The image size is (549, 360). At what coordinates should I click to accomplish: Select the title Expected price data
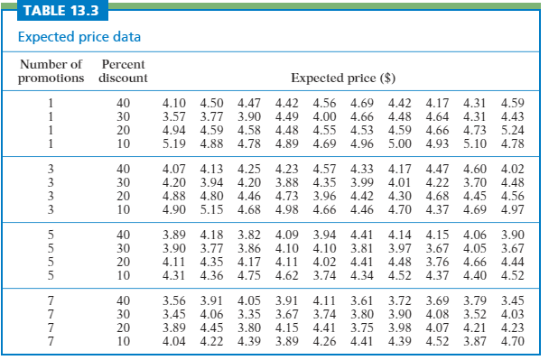pyautogui.click(x=79, y=38)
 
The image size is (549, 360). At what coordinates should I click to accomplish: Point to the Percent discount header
pyautogui.click(x=125, y=71)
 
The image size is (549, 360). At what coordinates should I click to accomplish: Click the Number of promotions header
pyautogui.click(x=51, y=71)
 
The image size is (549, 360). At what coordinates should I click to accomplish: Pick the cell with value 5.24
pyautogui.click(x=512, y=129)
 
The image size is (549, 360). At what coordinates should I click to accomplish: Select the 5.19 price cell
pyautogui.click(x=173, y=143)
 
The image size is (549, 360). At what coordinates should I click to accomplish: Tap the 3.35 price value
pyautogui.click(x=249, y=314)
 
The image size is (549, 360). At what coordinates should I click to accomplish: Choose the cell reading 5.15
pyautogui.click(x=211, y=210)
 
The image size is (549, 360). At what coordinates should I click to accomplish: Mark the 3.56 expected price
pyautogui.click(x=173, y=300)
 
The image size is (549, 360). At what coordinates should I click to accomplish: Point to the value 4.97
pyautogui.click(x=512, y=210)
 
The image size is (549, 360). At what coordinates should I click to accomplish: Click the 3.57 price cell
pyautogui.click(x=173, y=115)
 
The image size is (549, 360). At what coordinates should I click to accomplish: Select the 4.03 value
pyautogui.click(x=512, y=314)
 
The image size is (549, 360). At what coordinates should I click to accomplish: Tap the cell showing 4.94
pyautogui.click(x=173, y=129)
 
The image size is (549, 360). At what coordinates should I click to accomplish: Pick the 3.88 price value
pyautogui.click(x=286, y=183)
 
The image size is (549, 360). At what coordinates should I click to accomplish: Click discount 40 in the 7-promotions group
pyautogui.click(x=125, y=300)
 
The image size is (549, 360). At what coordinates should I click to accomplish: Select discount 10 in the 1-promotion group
pyautogui.click(x=125, y=143)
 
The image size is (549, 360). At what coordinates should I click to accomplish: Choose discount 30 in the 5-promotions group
pyautogui.click(x=125, y=248)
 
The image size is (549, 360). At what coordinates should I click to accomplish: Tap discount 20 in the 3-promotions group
pyautogui.click(x=125, y=197)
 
